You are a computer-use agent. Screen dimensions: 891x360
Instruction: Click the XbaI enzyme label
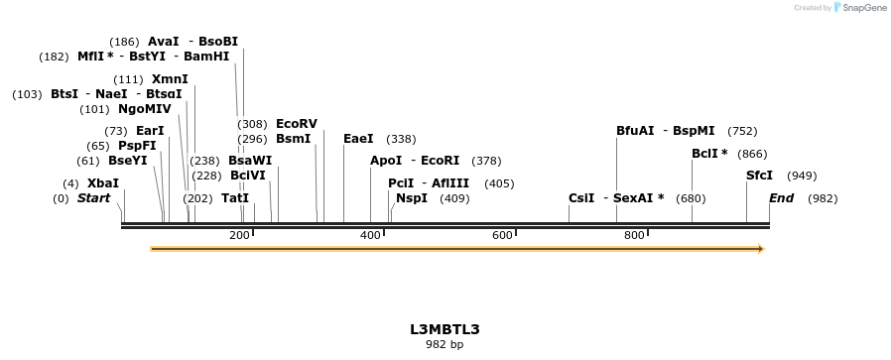pyautogui.click(x=103, y=183)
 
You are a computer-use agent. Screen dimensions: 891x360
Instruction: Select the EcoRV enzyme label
pyautogui.click(x=297, y=124)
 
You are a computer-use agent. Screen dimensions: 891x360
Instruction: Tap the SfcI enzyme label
pyautogui.click(x=759, y=176)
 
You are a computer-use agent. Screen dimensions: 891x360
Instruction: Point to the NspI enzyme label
pyautogui.click(x=412, y=198)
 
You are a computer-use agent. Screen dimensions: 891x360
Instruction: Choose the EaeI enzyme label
pyautogui.click(x=358, y=139)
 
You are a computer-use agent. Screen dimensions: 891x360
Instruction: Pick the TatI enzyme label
pyautogui.click(x=235, y=198)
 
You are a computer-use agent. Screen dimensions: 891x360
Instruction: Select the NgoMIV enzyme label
pyautogui.click(x=145, y=109)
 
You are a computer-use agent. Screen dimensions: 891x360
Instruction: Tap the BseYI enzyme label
pyautogui.click(x=127, y=161)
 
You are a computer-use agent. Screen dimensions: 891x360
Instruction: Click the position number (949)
pyautogui.click(x=802, y=176)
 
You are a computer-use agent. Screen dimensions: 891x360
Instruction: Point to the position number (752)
pyautogui.click(x=742, y=131)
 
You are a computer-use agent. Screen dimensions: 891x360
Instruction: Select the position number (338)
pyautogui.click(x=401, y=139)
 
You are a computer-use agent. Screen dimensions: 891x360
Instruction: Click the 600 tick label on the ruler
pyautogui.click(x=502, y=235)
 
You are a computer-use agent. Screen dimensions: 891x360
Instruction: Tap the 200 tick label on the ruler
pyautogui.click(x=239, y=235)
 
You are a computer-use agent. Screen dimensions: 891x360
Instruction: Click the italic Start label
pyautogui.click(x=93, y=198)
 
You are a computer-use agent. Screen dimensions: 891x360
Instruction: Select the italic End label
pyautogui.click(x=782, y=198)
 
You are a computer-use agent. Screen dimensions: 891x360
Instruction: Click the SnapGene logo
pyautogui.click(x=859, y=8)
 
